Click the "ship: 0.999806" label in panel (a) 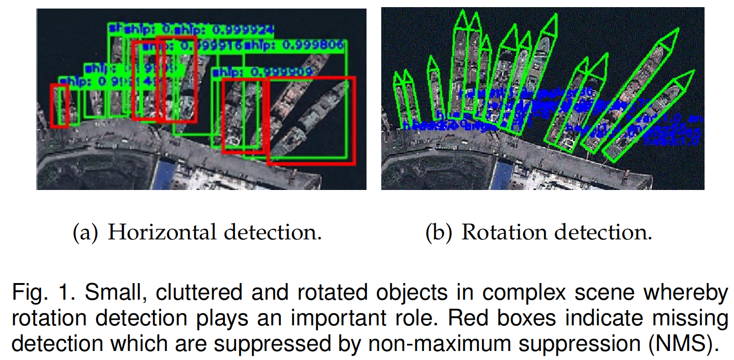(x=293, y=46)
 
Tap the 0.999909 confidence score (x=282, y=73)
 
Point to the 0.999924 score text (x=242, y=30)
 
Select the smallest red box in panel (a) (x=59, y=105)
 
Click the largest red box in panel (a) (x=311, y=121)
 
